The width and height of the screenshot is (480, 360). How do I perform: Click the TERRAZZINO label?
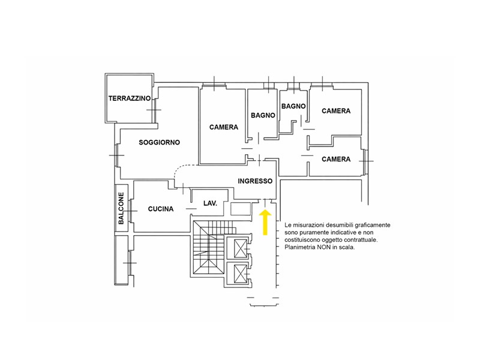[x=130, y=98]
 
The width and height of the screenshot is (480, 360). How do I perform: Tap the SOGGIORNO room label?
[x=159, y=142]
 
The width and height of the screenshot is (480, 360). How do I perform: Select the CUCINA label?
[x=161, y=209]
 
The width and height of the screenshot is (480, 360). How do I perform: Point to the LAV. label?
[x=211, y=203]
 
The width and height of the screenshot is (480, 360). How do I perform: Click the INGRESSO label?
[x=255, y=181]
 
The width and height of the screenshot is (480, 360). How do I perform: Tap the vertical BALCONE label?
[x=121, y=208]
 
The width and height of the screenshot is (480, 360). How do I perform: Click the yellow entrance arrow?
[x=265, y=222]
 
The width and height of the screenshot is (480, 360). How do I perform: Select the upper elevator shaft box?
[x=241, y=248]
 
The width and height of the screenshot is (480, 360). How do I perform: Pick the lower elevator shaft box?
[x=241, y=273]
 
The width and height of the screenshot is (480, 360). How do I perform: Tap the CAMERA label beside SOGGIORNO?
[x=223, y=127]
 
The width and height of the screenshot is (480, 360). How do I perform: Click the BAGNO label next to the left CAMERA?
[x=263, y=115]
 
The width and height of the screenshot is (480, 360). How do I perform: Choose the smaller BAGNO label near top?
[x=293, y=106]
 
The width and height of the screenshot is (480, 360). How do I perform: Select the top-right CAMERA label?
[x=336, y=111]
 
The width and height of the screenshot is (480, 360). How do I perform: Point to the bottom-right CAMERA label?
[x=336, y=159]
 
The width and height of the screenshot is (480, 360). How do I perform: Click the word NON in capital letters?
[x=323, y=247]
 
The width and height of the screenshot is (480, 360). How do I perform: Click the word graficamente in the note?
[x=373, y=225]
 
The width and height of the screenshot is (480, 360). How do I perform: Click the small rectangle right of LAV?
[x=241, y=209]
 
